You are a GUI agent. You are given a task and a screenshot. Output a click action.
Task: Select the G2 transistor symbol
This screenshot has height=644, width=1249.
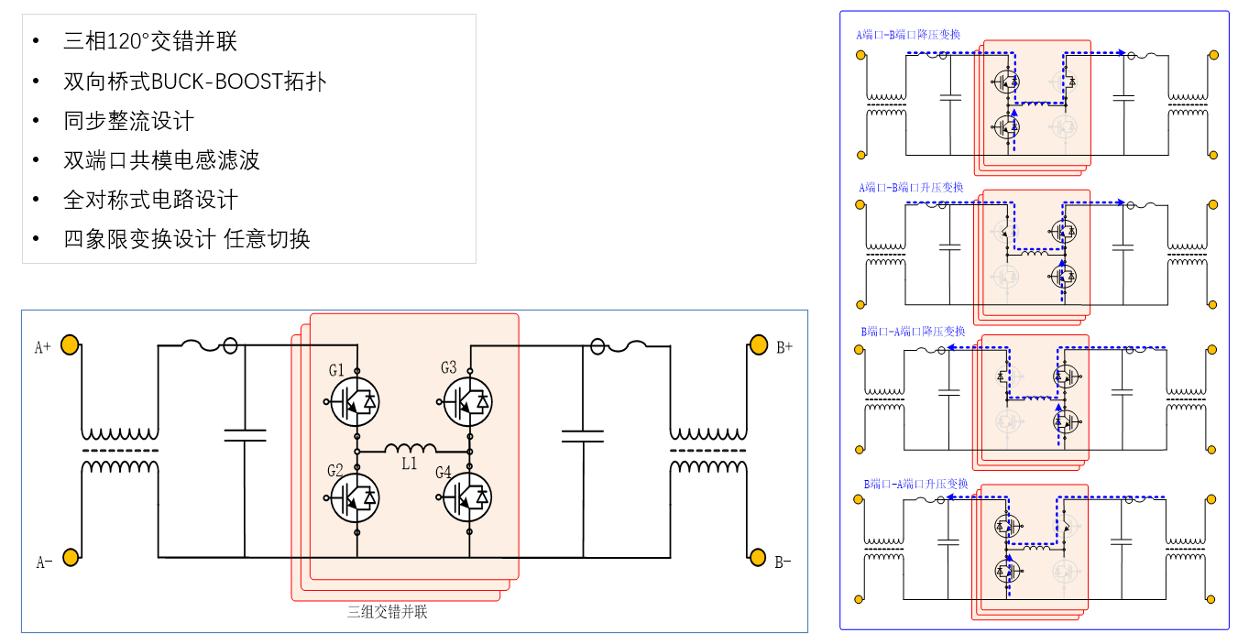(x=355, y=497)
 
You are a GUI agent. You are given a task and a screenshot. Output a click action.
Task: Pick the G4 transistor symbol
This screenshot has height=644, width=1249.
(x=468, y=497)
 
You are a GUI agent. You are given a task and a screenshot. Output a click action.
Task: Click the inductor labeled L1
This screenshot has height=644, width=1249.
(x=410, y=449)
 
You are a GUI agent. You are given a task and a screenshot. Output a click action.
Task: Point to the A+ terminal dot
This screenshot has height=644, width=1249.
(x=70, y=345)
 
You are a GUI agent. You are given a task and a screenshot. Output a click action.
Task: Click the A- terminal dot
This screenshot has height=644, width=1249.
(x=70, y=557)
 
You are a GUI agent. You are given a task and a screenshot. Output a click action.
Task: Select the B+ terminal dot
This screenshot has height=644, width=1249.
(x=758, y=344)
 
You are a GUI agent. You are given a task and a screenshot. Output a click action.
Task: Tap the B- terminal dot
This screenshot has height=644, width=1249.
(x=758, y=556)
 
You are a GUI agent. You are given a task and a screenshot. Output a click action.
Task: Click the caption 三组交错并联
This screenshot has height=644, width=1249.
(x=387, y=612)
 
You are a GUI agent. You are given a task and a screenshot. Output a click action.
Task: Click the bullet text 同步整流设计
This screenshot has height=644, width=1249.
(x=128, y=121)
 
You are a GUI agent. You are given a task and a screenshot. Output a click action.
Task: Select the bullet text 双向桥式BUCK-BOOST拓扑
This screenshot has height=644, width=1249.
(x=194, y=82)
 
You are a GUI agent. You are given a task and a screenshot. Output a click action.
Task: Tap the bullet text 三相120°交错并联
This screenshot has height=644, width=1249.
(x=150, y=42)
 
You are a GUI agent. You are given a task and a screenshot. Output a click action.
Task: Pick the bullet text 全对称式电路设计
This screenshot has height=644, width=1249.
(x=150, y=200)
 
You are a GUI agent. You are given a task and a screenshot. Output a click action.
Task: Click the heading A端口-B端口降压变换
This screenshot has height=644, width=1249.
(x=908, y=35)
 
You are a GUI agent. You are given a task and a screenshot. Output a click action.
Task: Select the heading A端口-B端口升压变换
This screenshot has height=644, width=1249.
(x=911, y=187)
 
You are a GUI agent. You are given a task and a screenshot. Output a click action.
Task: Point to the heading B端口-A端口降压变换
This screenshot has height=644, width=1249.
(x=913, y=331)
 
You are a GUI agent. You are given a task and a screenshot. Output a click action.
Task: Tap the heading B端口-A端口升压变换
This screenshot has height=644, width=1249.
(x=915, y=483)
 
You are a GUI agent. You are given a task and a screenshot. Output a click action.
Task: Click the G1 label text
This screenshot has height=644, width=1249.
(x=336, y=370)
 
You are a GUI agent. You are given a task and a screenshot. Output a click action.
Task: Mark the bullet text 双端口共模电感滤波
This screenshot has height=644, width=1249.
(x=161, y=160)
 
